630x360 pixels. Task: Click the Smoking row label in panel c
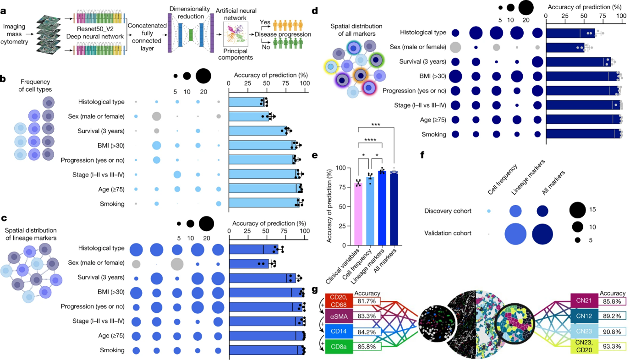112,350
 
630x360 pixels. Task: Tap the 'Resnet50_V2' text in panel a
96,27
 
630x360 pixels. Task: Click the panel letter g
315,290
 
